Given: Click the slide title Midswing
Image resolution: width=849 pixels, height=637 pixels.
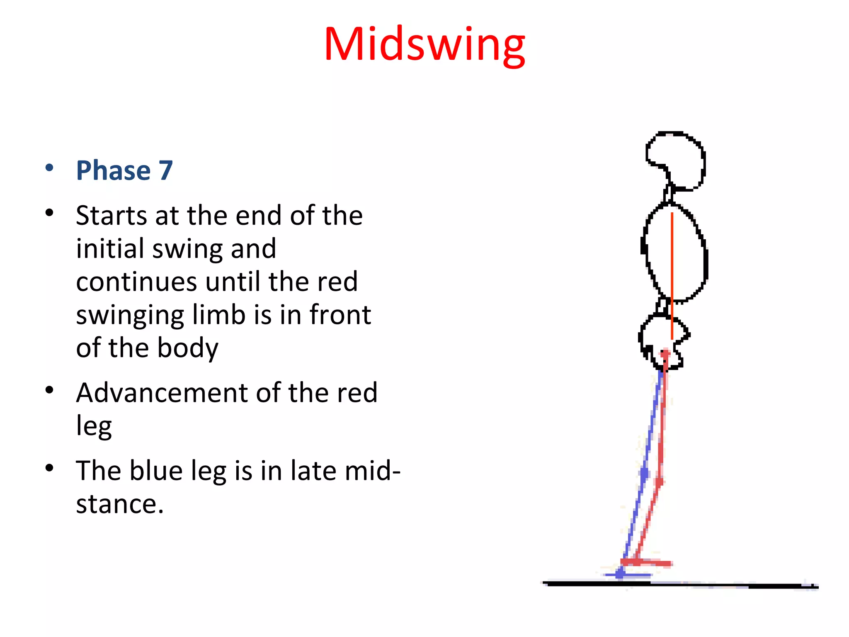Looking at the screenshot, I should click(424, 44).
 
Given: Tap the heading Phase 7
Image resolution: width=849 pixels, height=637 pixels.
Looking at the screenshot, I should click(124, 170).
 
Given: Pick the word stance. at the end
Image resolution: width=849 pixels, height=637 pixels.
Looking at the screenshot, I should click(120, 504).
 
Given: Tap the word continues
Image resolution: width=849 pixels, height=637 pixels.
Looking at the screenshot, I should click(136, 282).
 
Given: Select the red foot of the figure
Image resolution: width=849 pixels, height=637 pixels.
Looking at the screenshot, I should click(647, 562).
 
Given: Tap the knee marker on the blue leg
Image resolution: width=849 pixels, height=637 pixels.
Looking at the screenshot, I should click(644, 473).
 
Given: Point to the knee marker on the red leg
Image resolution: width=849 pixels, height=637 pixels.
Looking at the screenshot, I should click(659, 482).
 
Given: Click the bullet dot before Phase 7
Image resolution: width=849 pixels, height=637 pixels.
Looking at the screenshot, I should click(49, 168).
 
